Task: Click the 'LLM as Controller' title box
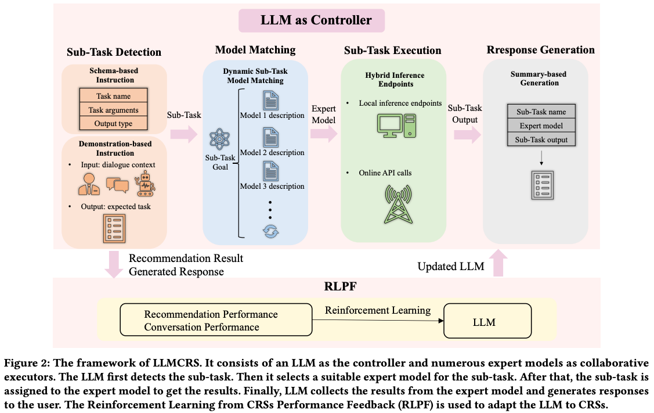click(312, 20)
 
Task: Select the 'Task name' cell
click(113, 96)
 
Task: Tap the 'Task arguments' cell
click(113, 110)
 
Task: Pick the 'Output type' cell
click(113, 123)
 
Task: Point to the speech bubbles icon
click(117, 185)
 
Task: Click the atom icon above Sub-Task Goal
click(220, 140)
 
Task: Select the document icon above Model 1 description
click(271, 100)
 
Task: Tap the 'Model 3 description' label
click(272, 186)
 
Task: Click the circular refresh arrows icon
click(271, 231)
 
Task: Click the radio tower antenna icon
click(396, 203)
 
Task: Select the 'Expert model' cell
click(540, 125)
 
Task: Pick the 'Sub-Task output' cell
click(540, 139)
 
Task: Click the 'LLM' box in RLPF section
click(484, 321)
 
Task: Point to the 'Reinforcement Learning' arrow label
click(378, 310)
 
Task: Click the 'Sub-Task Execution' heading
click(392, 51)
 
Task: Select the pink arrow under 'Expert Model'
click(323, 134)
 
